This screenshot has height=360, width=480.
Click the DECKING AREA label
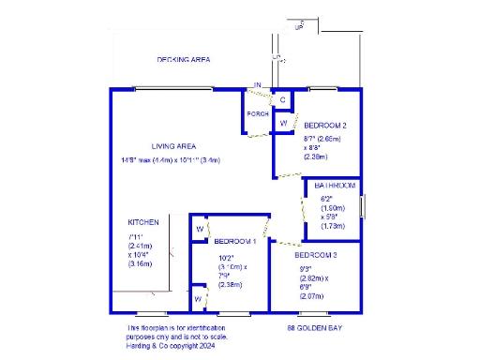(x=183, y=59)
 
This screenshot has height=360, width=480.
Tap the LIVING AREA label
(x=172, y=145)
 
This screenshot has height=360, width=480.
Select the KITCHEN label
(x=143, y=222)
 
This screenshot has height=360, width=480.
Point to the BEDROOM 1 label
(x=233, y=241)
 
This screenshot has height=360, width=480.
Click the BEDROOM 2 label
(x=325, y=125)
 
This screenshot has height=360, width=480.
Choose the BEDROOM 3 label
(x=315, y=255)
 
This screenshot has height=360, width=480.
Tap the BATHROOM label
(x=335, y=186)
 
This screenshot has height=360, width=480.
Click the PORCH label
(x=258, y=114)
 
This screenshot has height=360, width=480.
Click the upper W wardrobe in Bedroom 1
(x=200, y=229)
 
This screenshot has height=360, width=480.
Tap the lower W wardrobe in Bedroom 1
(x=199, y=298)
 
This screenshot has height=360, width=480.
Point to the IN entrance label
(x=258, y=85)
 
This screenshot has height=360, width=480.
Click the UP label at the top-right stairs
(x=299, y=27)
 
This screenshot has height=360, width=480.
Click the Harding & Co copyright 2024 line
(x=178, y=344)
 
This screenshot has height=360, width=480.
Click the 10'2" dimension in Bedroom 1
(x=226, y=258)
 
